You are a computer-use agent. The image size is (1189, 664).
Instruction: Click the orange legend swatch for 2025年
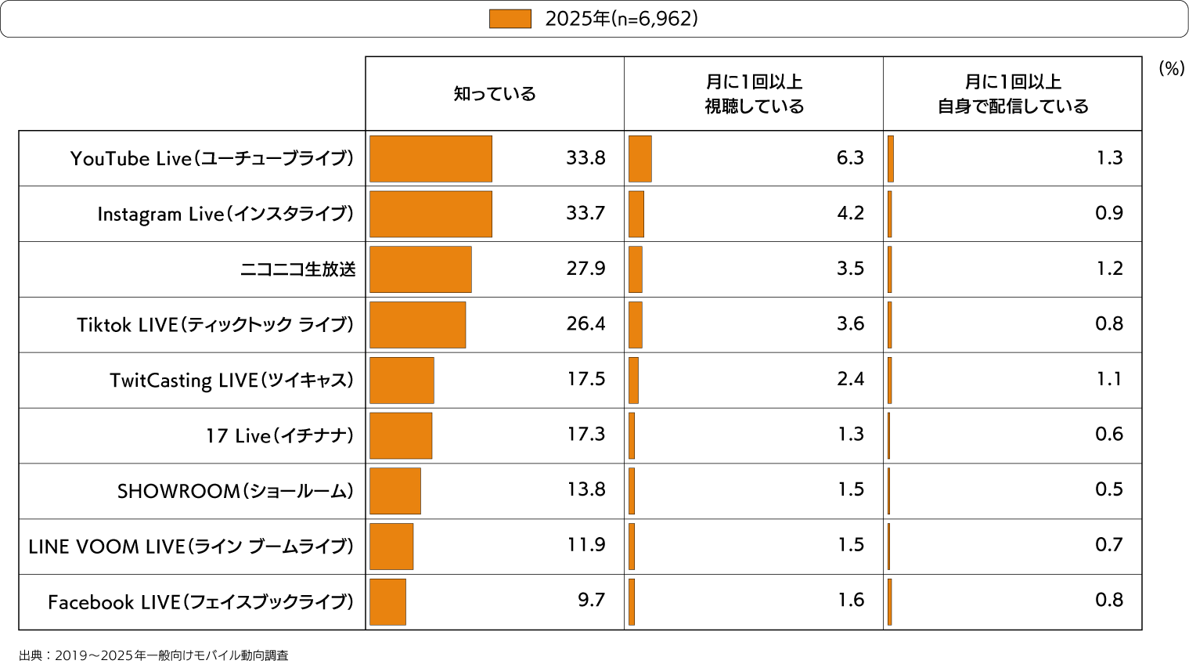[x=510, y=19]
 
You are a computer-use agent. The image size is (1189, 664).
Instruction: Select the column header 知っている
[x=495, y=94]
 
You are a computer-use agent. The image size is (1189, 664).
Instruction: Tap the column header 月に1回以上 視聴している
[x=754, y=94]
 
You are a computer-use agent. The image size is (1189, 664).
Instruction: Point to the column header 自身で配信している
[x=1013, y=94]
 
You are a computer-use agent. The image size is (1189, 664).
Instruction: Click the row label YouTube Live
[x=211, y=159]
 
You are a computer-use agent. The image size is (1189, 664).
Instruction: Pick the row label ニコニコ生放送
[x=297, y=269]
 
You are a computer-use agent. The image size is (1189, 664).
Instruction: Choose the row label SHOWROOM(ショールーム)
[x=235, y=491]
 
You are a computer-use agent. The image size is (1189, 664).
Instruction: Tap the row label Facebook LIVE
[x=200, y=602]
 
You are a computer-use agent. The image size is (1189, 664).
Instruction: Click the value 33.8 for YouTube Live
[x=585, y=158]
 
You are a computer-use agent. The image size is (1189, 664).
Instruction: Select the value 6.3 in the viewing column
[x=850, y=158]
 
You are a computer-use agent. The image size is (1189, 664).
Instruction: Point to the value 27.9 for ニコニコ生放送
[x=585, y=269]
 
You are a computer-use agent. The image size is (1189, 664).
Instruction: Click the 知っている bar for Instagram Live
[x=431, y=214]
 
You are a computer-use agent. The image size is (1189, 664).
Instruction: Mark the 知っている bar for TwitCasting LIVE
[x=402, y=381]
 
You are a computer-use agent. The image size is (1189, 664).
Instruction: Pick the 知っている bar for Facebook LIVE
[x=387, y=602]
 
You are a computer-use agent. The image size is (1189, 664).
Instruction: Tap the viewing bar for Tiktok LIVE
[x=636, y=325]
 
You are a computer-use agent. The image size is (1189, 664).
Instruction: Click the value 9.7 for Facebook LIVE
[x=591, y=600]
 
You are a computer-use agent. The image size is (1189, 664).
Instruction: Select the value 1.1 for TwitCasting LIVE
[x=1109, y=379]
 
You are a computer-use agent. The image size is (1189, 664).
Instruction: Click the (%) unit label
[x=1171, y=69]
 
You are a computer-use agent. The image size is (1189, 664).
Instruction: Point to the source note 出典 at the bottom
[x=153, y=655]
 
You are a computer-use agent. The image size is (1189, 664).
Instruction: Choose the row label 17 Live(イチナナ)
[x=279, y=436]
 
